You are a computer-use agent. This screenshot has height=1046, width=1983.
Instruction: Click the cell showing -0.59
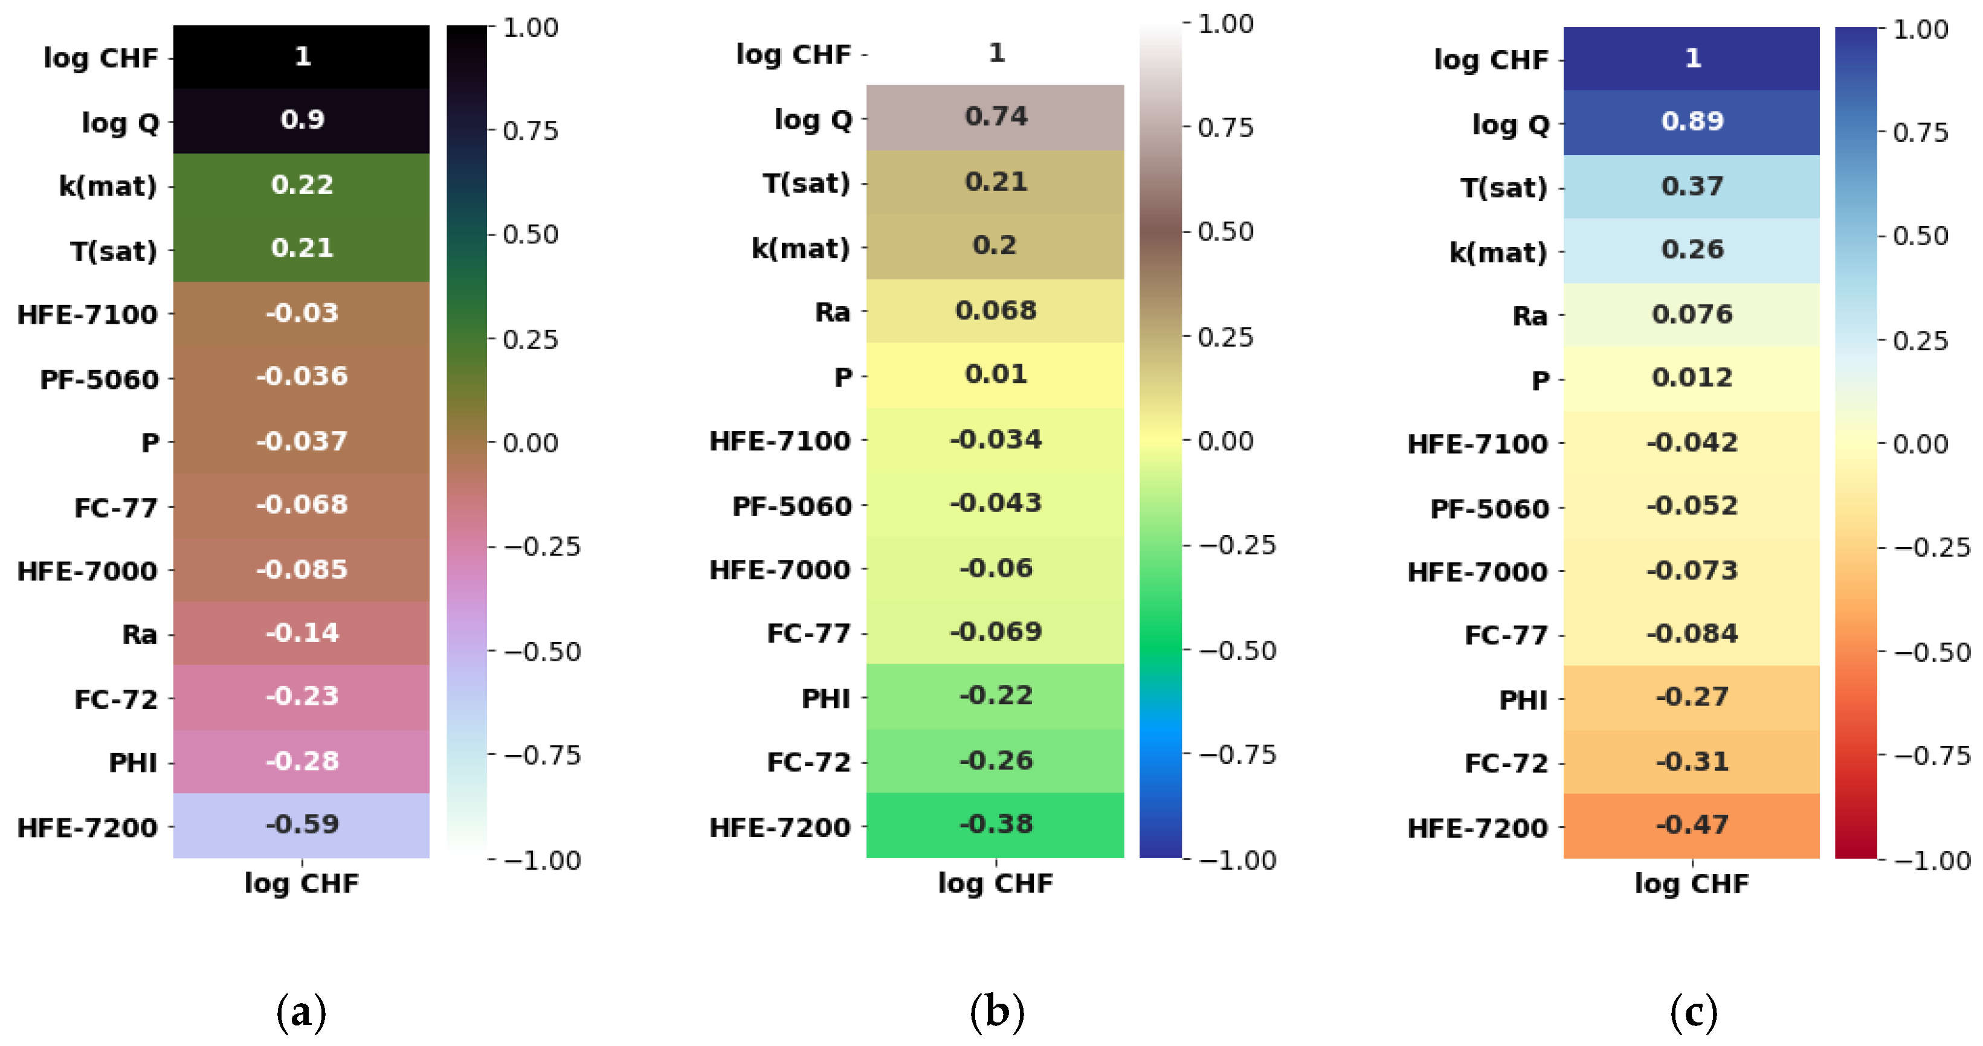click(x=301, y=824)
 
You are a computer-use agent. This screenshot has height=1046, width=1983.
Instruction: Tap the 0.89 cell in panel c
click(x=1691, y=121)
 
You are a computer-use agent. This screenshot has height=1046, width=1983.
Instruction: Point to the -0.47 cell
click(x=1691, y=825)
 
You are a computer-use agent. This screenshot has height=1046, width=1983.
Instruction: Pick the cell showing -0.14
click(x=301, y=633)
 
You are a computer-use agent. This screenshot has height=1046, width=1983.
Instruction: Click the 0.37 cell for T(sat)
click(x=1691, y=186)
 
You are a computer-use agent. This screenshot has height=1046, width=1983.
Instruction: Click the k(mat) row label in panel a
click(x=108, y=186)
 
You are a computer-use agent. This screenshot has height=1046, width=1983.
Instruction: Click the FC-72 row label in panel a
click(x=115, y=699)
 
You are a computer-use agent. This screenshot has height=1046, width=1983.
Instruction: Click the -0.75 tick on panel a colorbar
click(x=542, y=755)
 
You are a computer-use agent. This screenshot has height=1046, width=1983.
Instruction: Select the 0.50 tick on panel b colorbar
click(x=1225, y=232)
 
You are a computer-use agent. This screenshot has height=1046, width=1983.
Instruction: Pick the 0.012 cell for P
click(x=1691, y=378)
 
